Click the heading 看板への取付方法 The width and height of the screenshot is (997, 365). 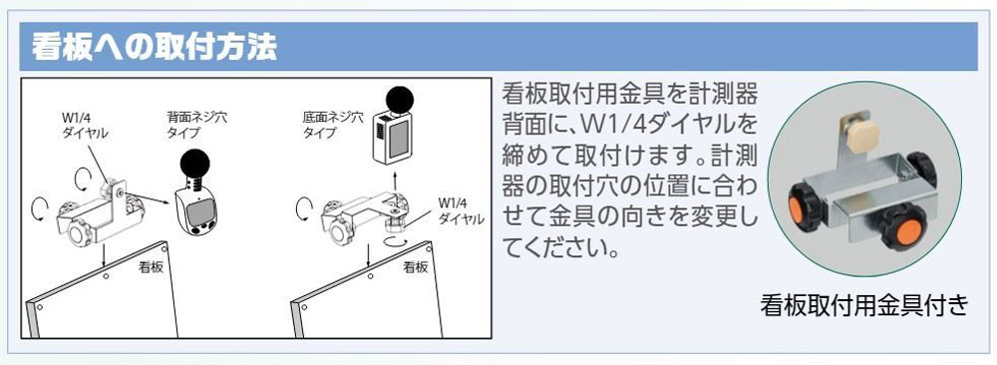point(155,48)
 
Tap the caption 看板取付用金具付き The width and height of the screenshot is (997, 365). point(864,305)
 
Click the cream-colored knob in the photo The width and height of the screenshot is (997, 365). point(862,136)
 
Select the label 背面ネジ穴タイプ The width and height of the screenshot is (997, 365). point(196,125)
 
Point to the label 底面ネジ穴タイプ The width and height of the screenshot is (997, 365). point(333,125)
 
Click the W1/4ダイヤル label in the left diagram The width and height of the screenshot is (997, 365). point(85,126)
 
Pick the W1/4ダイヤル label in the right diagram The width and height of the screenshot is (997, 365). point(461,210)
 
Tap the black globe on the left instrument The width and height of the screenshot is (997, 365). point(196,166)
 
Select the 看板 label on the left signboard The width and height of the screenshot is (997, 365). point(152,267)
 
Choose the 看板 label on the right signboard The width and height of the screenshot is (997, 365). point(416,267)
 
